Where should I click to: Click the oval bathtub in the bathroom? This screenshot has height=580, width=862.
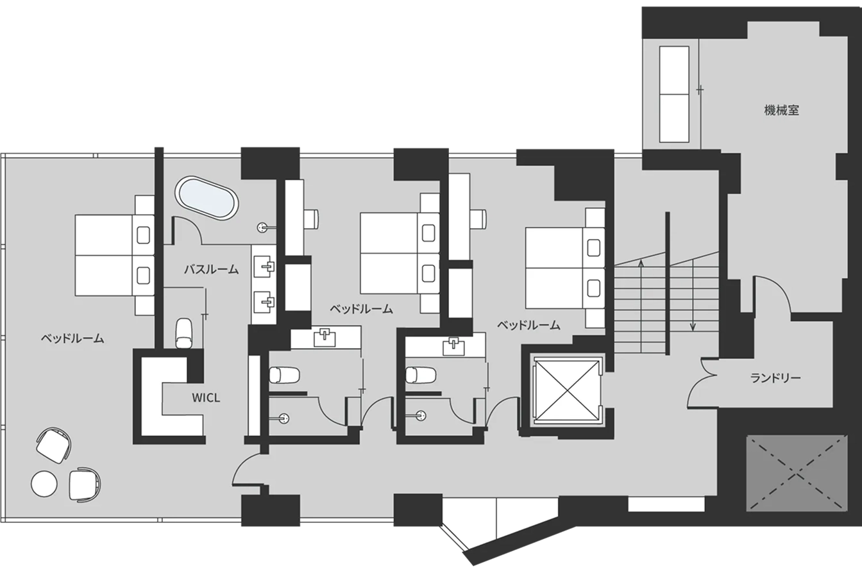pos(207,199)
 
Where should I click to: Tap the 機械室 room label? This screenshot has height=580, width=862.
pos(781,111)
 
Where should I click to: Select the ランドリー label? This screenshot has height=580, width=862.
pos(775,378)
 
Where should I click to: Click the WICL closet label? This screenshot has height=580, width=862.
pos(206,398)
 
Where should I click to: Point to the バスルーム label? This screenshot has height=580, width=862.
pos(211,269)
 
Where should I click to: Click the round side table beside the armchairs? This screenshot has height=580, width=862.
pos(44,483)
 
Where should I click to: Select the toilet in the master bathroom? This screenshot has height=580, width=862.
pos(183,333)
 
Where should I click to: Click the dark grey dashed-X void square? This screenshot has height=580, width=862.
pos(797,473)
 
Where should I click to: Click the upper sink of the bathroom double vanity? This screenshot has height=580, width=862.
pos(264,267)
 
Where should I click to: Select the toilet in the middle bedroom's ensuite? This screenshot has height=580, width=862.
pos(284,375)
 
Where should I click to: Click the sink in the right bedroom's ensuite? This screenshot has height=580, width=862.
pos(453,347)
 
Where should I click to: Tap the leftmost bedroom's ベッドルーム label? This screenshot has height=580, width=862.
pos(72,338)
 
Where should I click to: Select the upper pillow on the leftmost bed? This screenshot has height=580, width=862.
pos(143,235)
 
